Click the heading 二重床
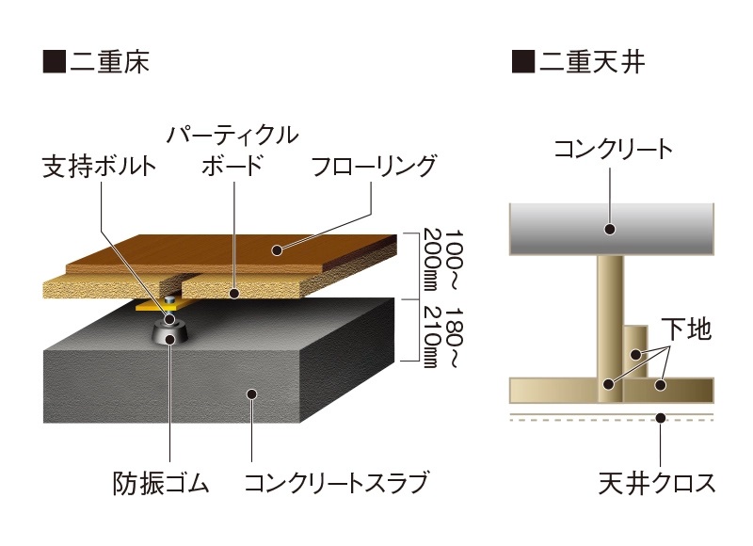(109, 61)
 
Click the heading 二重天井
(592, 61)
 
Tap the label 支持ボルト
(100, 167)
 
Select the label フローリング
(374, 166)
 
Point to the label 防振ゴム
(161, 483)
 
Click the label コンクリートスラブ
(336, 483)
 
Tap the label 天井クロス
(657, 483)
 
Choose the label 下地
(686, 329)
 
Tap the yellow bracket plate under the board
(163, 304)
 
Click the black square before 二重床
(55, 61)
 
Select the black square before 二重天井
(523, 61)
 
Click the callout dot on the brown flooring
(276, 249)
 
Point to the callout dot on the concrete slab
(251, 394)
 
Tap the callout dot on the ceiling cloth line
(661, 418)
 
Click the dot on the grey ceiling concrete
(610, 229)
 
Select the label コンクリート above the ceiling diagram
(614, 149)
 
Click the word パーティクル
(232, 136)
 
